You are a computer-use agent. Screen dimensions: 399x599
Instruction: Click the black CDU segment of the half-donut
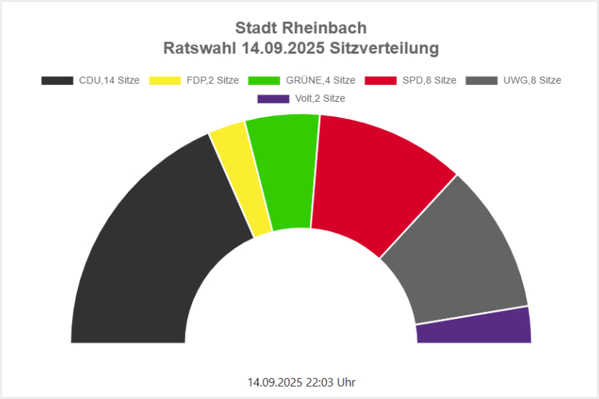146,254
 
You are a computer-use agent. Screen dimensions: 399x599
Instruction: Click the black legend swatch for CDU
57,81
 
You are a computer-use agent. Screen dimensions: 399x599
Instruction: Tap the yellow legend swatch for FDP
164,81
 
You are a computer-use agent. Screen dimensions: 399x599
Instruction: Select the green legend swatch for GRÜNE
263,81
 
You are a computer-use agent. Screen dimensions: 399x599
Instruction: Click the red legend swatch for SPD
380,81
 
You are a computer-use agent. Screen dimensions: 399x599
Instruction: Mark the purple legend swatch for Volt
273,99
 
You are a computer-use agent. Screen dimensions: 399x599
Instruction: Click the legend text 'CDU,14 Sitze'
109,81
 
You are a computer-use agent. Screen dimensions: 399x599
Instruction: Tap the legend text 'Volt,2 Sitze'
320,99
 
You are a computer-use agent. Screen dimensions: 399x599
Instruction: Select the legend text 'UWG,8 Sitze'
532,81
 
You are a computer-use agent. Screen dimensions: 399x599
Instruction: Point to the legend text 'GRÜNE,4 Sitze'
321,81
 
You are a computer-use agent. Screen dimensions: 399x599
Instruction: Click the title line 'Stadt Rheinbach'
301,28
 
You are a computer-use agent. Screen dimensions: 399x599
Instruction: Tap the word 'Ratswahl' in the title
200,49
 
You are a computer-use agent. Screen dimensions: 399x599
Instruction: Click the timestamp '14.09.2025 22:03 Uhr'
301,382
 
